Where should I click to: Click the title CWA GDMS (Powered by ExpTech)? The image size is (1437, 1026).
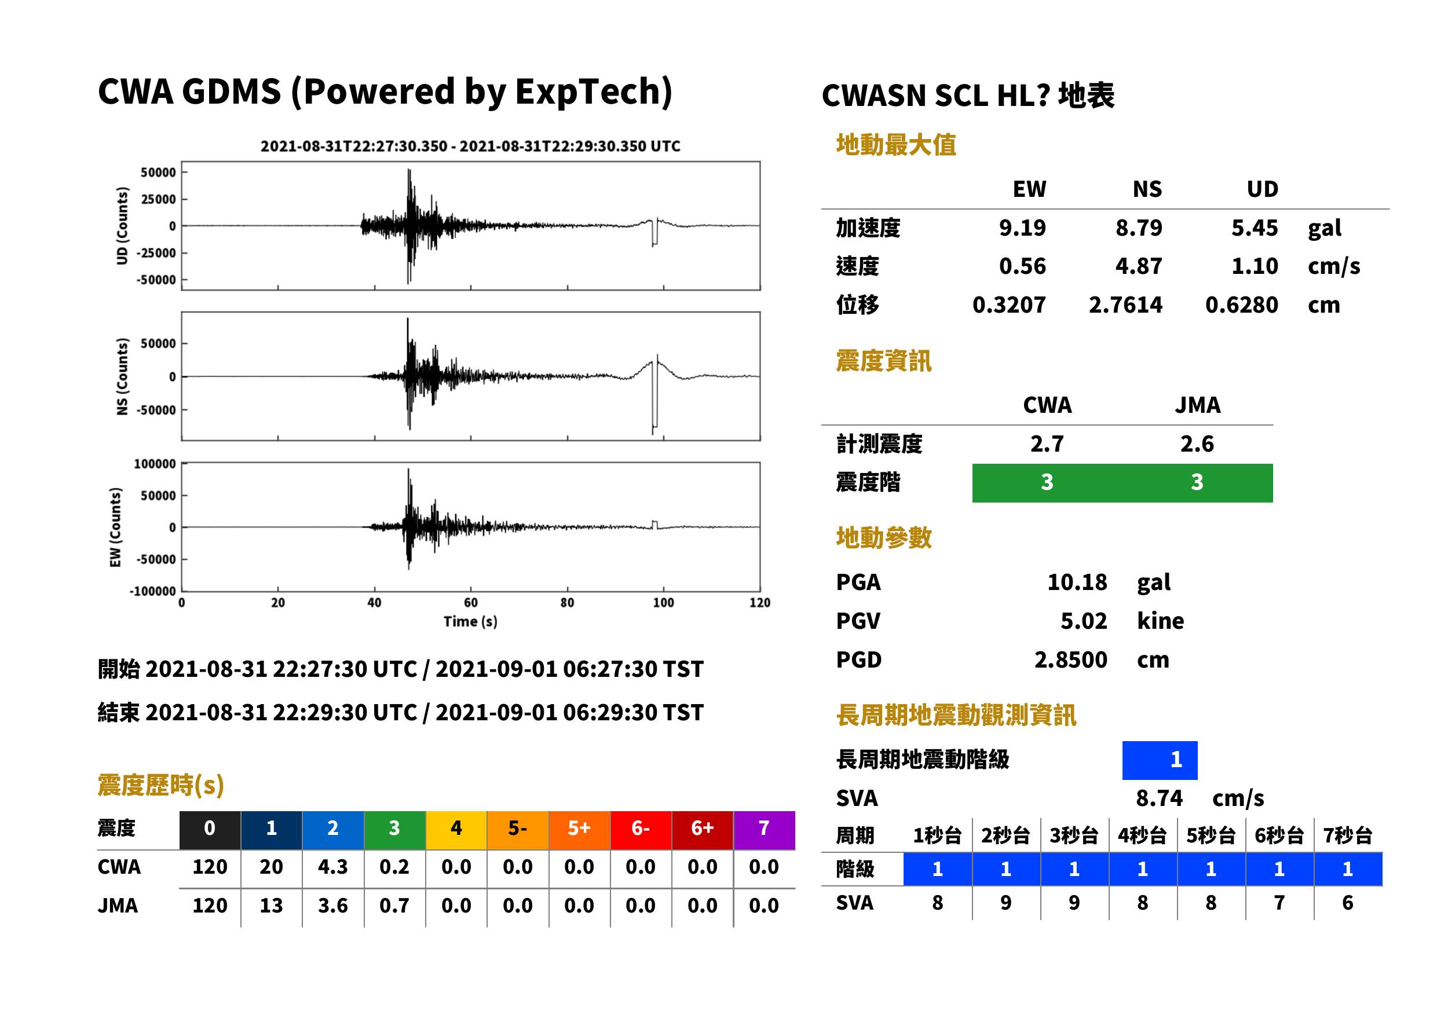click(x=385, y=92)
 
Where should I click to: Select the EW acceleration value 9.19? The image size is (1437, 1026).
click(x=1022, y=228)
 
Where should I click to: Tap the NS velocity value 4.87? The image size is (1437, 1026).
click(x=1138, y=266)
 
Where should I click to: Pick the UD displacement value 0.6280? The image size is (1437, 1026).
click(x=1241, y=305)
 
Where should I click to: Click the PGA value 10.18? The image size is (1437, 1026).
click(x=1077, y=582)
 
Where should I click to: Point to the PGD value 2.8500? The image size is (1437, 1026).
click(x=1070, y=659)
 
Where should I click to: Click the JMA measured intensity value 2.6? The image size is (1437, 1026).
click(x=1197, y=444)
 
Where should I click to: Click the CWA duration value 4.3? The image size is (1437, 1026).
click(x=333, y=867)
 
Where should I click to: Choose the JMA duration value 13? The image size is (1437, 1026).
click(x=271, y=906)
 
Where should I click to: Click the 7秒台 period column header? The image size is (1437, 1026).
click(x=1347, y=835)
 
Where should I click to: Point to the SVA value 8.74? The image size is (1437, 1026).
click(x=1159, y=798)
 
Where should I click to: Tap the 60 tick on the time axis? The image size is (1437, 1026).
click(x=471, y=602)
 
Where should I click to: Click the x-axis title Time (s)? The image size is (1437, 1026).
click(x=470, y=622)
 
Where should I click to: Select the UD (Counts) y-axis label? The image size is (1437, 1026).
click(x=122, y=226)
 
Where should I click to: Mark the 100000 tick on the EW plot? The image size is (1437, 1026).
click(x=155, y=464)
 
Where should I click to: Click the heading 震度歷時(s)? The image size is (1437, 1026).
click(x=160, y=785)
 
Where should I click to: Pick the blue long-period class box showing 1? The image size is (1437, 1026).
click(x=1160, y=760)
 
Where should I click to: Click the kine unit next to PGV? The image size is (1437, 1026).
click(x=1160, y=621)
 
